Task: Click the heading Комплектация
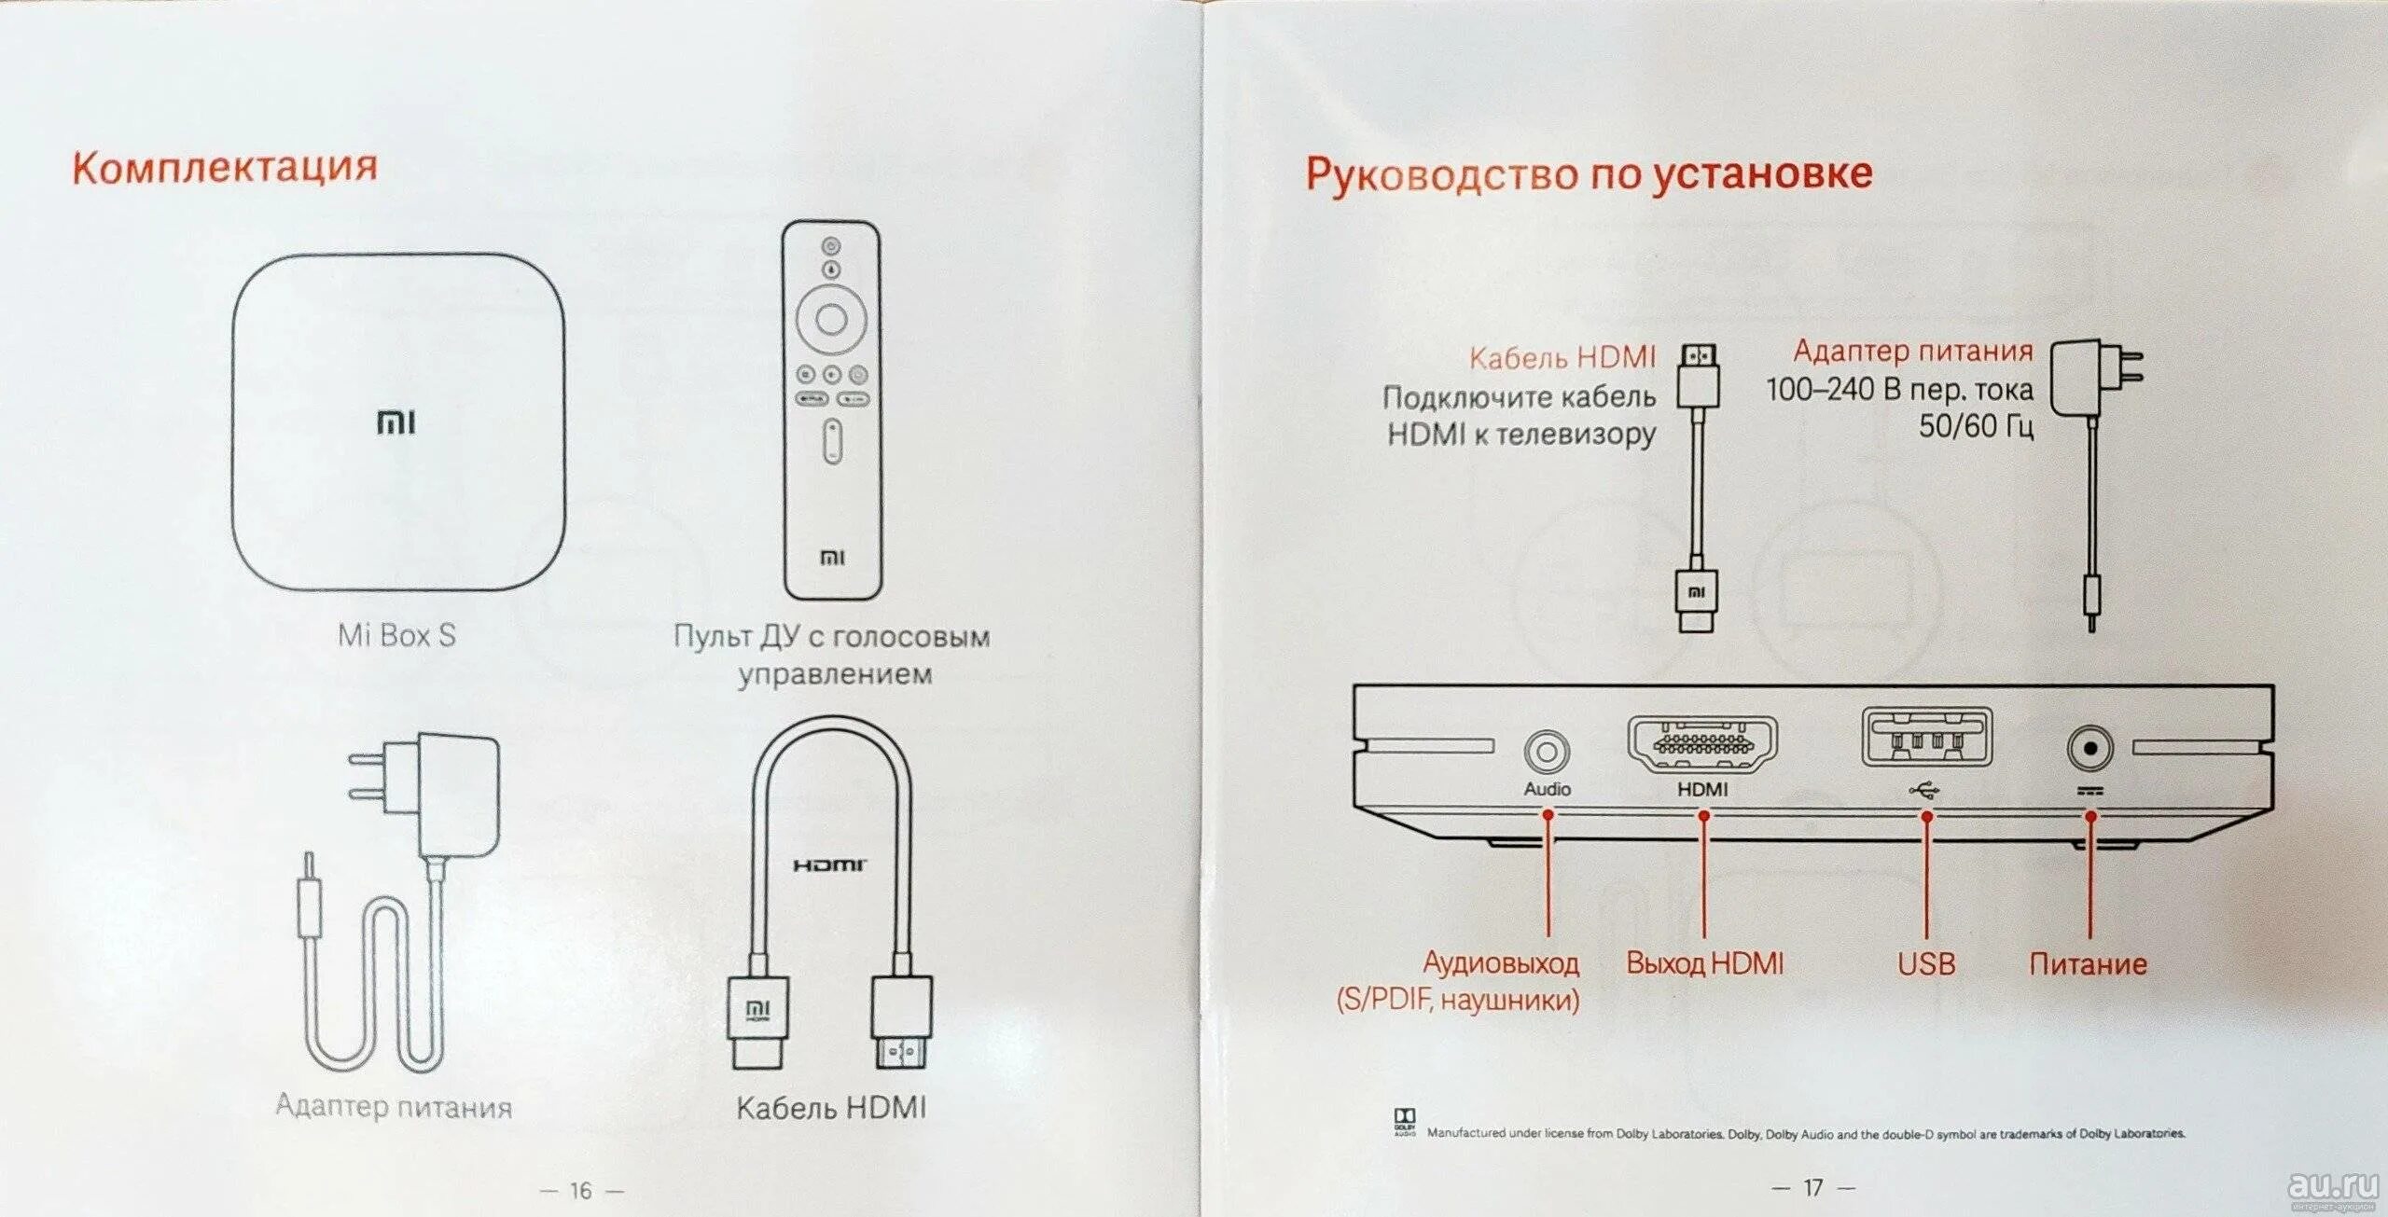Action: pos(225,168)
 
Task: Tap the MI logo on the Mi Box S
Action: pos(396,422)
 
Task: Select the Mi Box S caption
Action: pos(396,635)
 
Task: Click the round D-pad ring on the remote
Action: pos(831,319)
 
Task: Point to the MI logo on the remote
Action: pos(832,558)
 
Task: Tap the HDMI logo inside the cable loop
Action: pos(830,865)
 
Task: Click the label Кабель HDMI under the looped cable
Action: pos(831,1107)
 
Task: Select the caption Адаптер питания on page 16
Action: pos(394,1106)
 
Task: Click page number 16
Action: pos(581,1191)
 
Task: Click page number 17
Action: pos(1812,1188)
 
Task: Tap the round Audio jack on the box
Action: pos(1547,751)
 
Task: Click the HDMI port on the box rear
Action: pos(1702,743)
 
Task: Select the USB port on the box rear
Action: pos(1926,738)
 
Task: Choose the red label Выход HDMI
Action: pos(1704,963)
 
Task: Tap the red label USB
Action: pos(1926,963)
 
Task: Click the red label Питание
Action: pos(2088,963)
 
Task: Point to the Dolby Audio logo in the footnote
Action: pos(1404,1122)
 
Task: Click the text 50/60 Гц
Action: pos(1976,426)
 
